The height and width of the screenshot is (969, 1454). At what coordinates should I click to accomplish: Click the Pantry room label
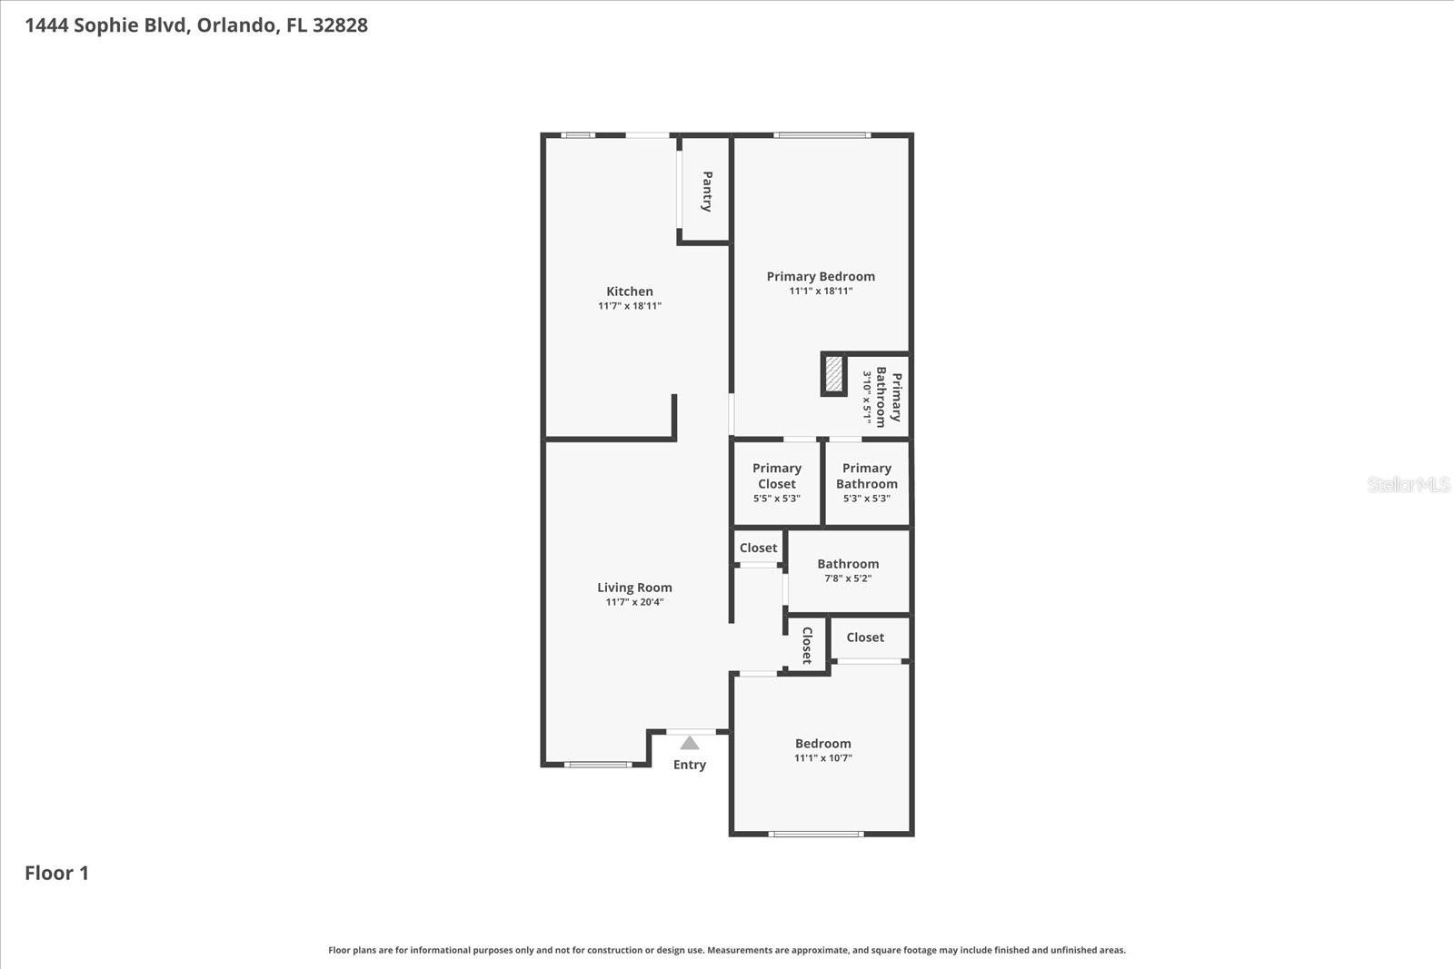707,191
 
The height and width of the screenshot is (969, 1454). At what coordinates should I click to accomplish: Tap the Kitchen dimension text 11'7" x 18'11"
630,306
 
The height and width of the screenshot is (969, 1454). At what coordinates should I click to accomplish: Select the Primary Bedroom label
821,276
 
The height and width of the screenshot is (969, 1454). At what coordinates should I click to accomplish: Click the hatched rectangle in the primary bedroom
834,374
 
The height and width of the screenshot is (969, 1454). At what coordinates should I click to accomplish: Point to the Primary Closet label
777,476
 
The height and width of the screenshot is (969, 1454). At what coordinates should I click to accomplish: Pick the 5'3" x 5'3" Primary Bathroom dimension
866,499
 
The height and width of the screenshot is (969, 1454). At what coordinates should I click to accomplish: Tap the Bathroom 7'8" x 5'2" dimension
848,578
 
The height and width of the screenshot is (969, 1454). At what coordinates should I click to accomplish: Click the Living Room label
634,588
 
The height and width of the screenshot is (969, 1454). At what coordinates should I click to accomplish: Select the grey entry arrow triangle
690,743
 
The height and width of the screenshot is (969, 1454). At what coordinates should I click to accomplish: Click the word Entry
690,765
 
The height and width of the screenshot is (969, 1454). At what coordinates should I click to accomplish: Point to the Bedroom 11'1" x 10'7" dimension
823,758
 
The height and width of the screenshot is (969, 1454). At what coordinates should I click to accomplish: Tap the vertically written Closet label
806,645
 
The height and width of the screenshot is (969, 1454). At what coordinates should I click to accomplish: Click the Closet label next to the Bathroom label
758,548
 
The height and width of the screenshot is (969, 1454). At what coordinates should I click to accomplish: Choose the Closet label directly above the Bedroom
865,638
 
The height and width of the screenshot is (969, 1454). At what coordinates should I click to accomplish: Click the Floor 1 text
56,873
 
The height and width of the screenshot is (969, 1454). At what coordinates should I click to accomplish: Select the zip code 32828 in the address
340,25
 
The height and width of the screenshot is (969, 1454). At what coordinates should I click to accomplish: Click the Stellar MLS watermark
1408,485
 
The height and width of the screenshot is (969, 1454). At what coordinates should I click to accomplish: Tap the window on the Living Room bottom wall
597,765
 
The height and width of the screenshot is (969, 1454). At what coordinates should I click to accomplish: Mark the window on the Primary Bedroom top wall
822,135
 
